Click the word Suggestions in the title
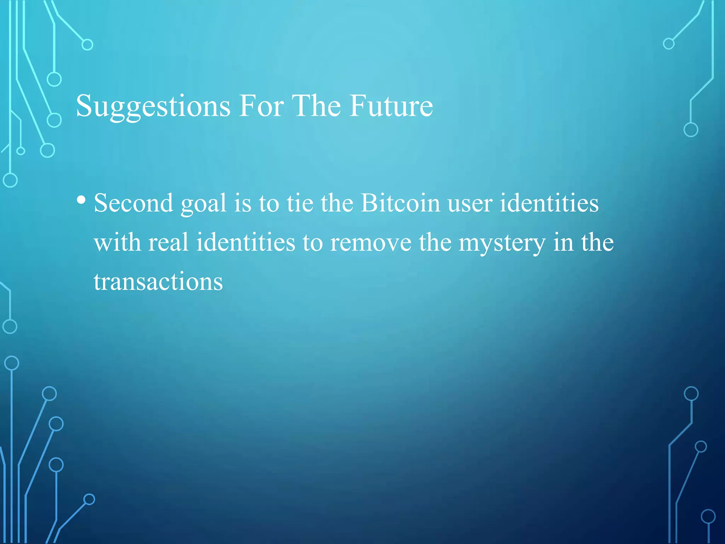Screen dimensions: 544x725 [153, 106]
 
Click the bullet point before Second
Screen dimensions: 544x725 [81, 200]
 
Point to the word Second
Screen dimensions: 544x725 [133, 203]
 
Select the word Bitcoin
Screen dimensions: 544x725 [400, 203]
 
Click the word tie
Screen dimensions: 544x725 [300, 203]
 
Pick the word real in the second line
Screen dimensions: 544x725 [168, 243]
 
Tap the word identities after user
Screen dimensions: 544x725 [549, 203]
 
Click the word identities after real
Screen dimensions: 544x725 [246, 243]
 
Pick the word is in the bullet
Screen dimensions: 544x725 [242, 203]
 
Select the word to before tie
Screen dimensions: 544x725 [269, 204]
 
